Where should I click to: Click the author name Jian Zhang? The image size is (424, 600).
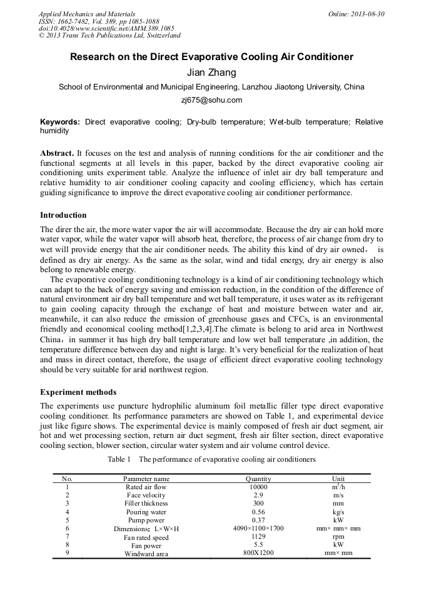[x=211, y=73]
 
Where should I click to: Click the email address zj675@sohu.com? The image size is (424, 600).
[x=211, y=100]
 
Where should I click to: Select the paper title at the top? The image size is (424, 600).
[x=211, y=57]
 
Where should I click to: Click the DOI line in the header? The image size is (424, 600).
[x=106, y=28]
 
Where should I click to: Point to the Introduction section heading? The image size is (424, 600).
[x=63, y=215]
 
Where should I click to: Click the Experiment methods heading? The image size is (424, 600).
[x=78, y=392]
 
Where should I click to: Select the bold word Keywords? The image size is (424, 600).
[x=60, y=122]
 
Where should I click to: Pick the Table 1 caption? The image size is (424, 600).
[x=211, y=460]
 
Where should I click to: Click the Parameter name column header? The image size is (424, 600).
[x=146, y=479]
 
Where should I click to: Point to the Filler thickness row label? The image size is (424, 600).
[x=146, y=504]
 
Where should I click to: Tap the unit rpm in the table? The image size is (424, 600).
[x=338, y=537]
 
